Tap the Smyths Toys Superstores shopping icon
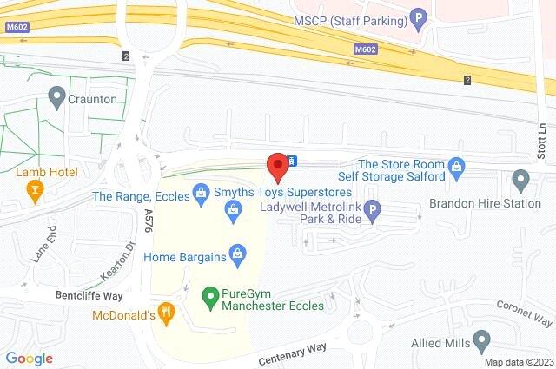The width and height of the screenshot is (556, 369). [x=233, y=208]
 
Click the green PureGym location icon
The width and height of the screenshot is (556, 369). [x=209, y=296]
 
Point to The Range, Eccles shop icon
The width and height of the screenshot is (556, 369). [x=201, y=190]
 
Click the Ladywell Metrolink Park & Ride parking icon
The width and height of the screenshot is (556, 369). [x=373, y=209]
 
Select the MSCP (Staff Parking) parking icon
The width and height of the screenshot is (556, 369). [x=419, y=16]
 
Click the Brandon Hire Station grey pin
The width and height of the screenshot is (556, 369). [x=521, y=181]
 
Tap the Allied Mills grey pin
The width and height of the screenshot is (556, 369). [x=480, y=339]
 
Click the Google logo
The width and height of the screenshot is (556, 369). [x=29, y=359]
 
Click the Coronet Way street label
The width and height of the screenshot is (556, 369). [x=520, y=306]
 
